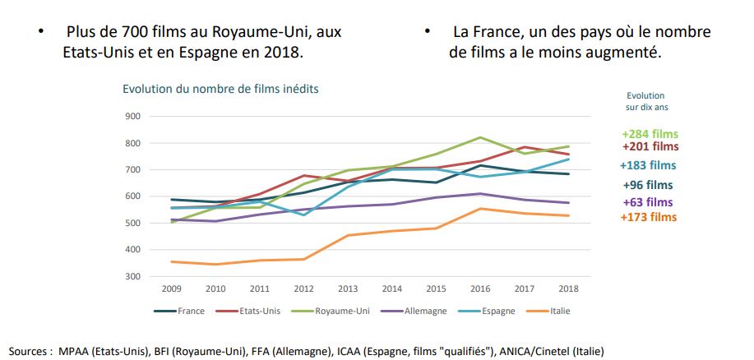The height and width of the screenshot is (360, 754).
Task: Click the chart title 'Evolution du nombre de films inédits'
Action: coord(220,88)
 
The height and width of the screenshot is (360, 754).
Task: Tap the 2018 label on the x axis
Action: coord(567,289)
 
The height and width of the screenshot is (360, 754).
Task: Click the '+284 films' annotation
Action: coord(650,134)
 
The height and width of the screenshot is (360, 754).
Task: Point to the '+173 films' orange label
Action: coord(650,217)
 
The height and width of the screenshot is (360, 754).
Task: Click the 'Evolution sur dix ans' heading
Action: coord(645,101)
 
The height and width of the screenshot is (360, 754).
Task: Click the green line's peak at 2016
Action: coord(481,137)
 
